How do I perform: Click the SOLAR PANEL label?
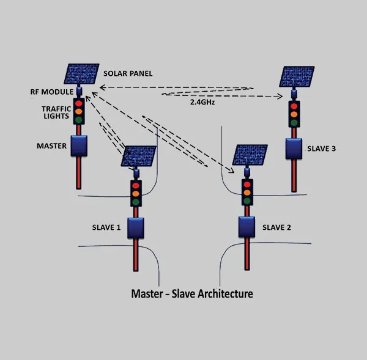tap(128, 73)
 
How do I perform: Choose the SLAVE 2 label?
tap(276, 227)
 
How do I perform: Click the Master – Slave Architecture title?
tap(192, 293)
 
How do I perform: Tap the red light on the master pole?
tap(78, 103)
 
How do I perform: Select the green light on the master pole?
tap(78, 120)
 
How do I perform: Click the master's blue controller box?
tap(79, 146)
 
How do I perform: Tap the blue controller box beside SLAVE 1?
tap(135, 227)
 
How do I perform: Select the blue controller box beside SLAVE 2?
tap(247, 227)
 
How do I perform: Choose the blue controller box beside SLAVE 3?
tap(294, 147)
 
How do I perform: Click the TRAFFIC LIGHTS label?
tap(56, 112)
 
